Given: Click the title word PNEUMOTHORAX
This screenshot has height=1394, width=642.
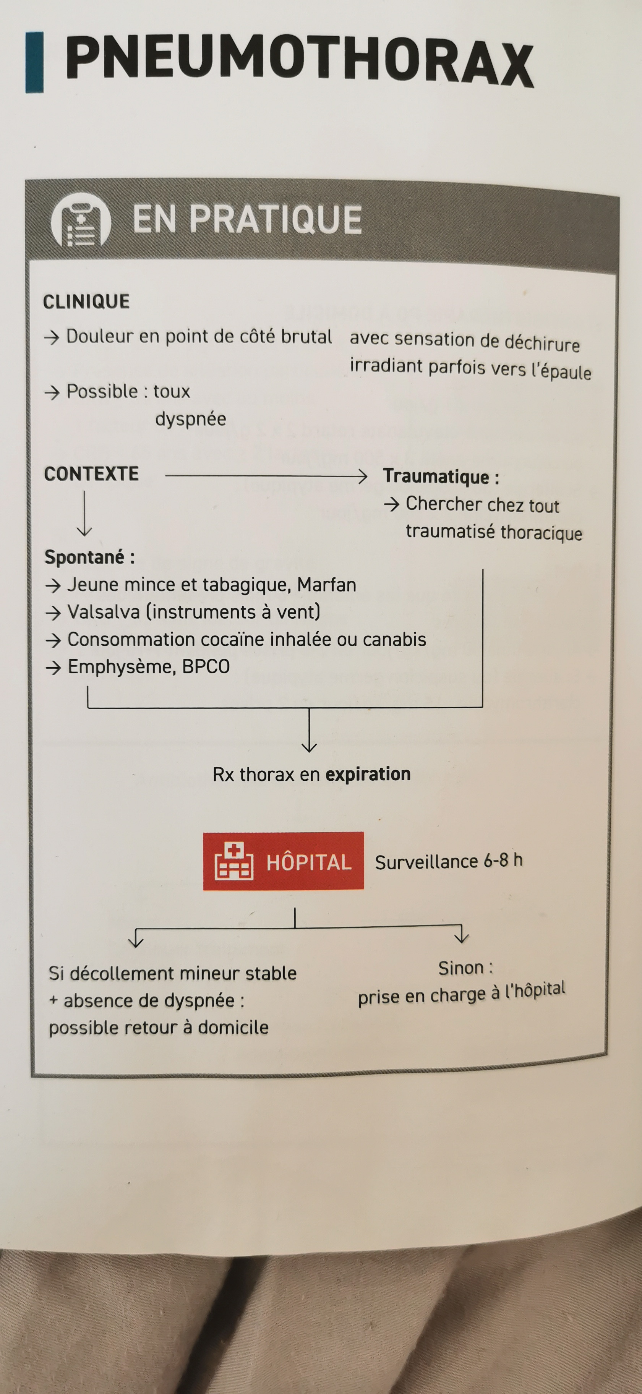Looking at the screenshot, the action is click(x=299, y=60).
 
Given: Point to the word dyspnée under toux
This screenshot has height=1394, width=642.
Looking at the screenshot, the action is click(x=191, y=419).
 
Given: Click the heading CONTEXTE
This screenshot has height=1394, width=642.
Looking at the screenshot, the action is click(x=91, y=474).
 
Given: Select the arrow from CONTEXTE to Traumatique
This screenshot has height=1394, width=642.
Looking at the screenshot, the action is click(x=266, y=476).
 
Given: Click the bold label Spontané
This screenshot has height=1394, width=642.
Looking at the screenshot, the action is click(x=85, y=557).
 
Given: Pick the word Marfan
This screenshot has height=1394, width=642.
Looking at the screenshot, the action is click(x=326, y=585).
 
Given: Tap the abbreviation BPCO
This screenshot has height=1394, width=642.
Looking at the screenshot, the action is click(x=206, y=667).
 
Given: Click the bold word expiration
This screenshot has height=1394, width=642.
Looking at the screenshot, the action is click(x=368, y=775).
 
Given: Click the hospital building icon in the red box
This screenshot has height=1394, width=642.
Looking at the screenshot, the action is click(x=234, y=861).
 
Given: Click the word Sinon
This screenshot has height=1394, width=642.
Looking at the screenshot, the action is click(x=460, y=968).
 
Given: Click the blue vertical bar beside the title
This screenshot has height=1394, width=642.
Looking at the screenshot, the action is click(x=34, y=62).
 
